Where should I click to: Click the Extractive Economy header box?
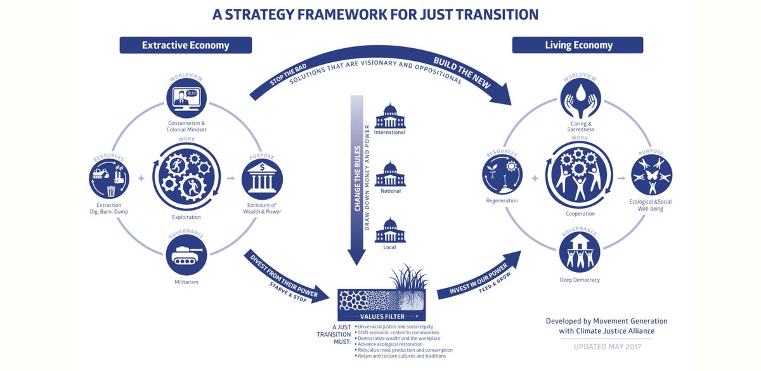186,45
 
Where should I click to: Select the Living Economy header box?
578,45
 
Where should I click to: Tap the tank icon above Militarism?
186,255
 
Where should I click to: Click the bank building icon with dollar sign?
262,179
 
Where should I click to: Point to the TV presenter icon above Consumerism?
186,99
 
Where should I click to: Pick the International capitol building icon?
390,116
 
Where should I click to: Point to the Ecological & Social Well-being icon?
651,176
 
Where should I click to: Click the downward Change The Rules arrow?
356,178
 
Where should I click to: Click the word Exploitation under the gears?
186,217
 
